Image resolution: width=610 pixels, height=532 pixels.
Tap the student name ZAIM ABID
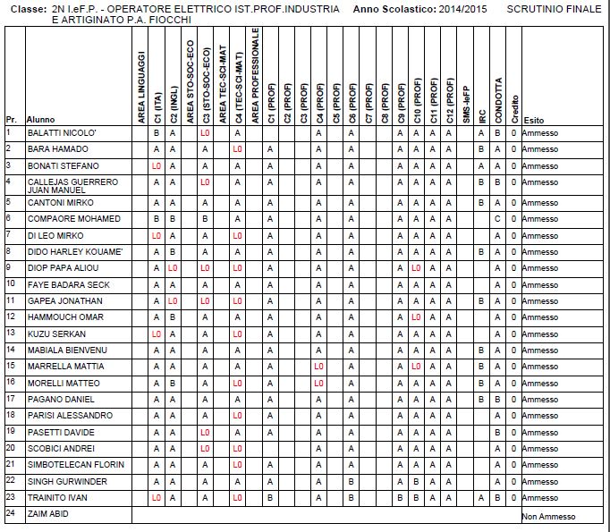point(48,514)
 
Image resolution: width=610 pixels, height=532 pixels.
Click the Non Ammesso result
point(546,517)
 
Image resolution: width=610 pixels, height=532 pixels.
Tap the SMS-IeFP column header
point(465,98)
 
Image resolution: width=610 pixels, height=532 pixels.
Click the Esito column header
point(533,120)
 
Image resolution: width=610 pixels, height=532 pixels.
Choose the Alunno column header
point(41,120)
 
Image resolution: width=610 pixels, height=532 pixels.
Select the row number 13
point(10,333)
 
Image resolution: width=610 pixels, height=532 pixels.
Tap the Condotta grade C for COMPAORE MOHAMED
point(497,219)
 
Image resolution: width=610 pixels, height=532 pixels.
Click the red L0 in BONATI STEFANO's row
point(157,166)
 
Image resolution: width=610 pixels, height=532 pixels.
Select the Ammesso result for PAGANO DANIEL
point(540,399)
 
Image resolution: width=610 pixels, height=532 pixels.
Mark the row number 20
point(10,447)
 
